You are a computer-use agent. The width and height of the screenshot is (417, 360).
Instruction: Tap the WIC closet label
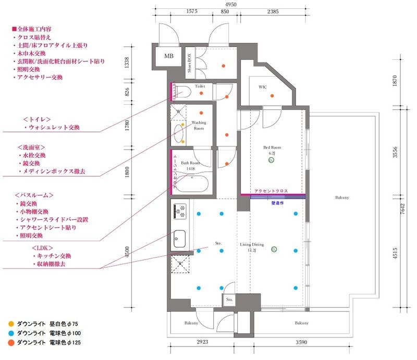click(x=263, y=87)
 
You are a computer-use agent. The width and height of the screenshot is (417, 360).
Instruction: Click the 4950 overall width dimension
click(x=231, y=4)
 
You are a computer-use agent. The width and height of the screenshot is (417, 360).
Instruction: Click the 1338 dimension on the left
click(x=126, y=62)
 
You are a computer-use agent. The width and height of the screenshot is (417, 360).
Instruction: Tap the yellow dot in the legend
click(x=11, y=324)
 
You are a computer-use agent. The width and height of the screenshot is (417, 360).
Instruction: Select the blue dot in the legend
click(x=11, y=333)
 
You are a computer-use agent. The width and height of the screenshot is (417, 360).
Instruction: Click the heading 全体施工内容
click(x=33, y=30)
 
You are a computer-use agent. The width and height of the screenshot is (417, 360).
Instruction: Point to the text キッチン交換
click(x=54, y=256)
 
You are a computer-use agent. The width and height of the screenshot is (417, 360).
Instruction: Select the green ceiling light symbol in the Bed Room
click(x=271, y=161)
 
